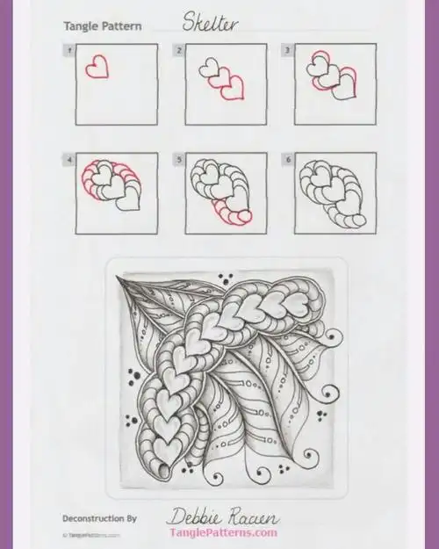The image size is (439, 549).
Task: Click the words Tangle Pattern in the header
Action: (102, 27)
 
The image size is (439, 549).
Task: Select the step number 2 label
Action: (179, 51)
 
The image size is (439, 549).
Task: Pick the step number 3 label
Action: (286, 51)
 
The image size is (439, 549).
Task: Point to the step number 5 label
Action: (179, 160)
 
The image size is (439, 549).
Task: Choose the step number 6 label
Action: (286, 160)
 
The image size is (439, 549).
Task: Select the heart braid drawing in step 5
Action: (221, 189)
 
